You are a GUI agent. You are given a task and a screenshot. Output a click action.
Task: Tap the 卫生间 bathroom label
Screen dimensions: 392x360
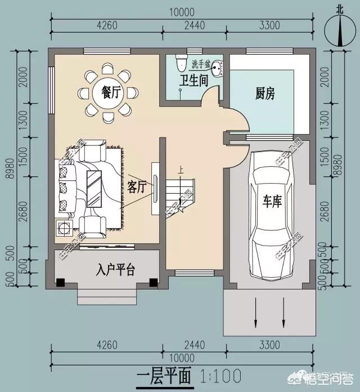[193, 80]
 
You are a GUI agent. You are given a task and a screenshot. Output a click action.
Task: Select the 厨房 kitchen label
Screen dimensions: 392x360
[264, 93]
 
